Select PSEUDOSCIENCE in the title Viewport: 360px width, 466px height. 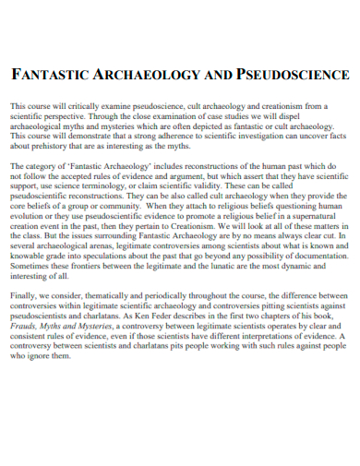pyautogui.click(x=293, y=74)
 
